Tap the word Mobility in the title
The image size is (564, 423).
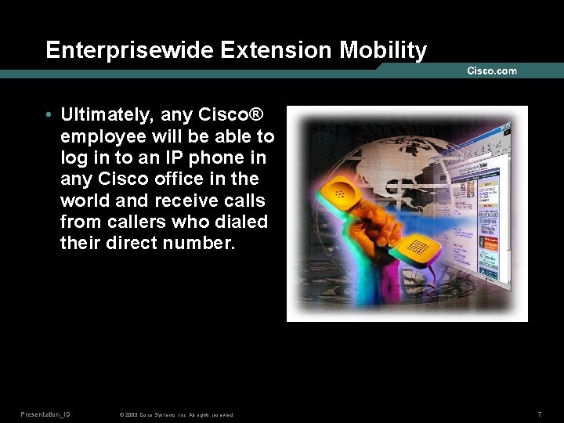(x=383, y=51)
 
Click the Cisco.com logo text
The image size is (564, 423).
(x=492, y=70)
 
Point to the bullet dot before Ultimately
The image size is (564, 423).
(x=49, y=116)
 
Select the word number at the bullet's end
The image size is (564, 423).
(x=199, y=242)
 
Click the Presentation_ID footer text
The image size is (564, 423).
(x=45, y=414)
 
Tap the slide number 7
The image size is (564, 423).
(x=540, y=414)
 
